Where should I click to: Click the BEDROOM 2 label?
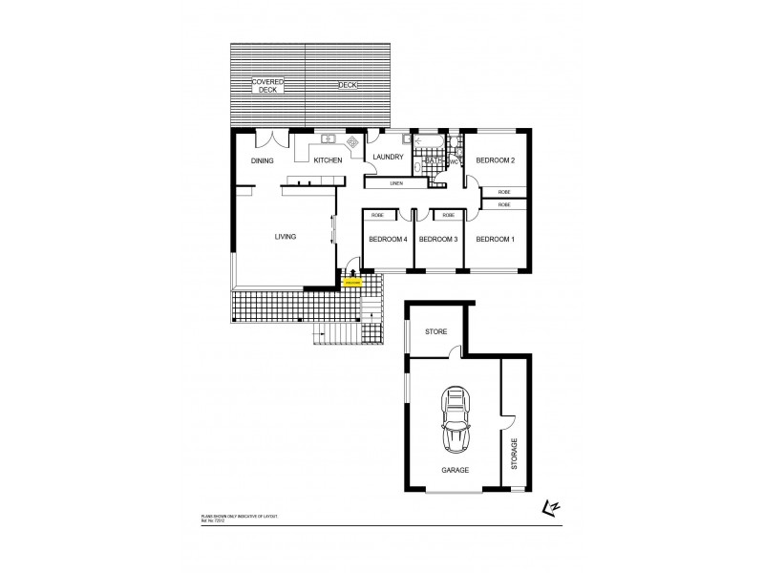pos(496,160)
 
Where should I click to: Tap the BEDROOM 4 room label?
pos(387,239)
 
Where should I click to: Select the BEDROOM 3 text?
pos(438,239)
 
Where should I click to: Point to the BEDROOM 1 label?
pos(495,239)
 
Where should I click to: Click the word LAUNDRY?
pos(391,158)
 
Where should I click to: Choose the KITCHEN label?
pos(328,160)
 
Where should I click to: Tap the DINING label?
pos(263,160)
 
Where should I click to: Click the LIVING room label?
pos(285,236)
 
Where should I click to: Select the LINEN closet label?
pos(396,182)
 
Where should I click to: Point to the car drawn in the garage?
pos(456,421)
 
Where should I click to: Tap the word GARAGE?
pos(455,471)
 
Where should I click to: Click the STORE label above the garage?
pos(435,331)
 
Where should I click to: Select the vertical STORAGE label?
pos(514,455)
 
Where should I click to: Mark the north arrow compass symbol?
pos(551,509)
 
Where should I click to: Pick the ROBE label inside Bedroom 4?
pos(377,217)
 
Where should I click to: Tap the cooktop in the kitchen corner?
pos(352,143)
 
